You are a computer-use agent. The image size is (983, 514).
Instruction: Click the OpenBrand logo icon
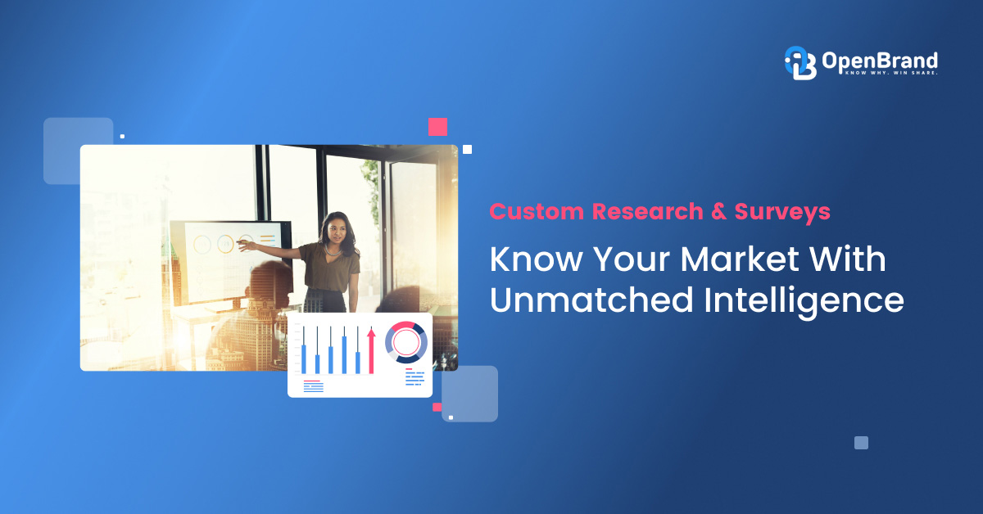pos(800,62)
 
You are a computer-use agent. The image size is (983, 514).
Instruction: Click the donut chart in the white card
pos(405,342)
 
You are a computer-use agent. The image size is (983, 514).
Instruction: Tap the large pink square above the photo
pos(437,126)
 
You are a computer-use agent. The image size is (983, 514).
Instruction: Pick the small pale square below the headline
pos(861,443)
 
